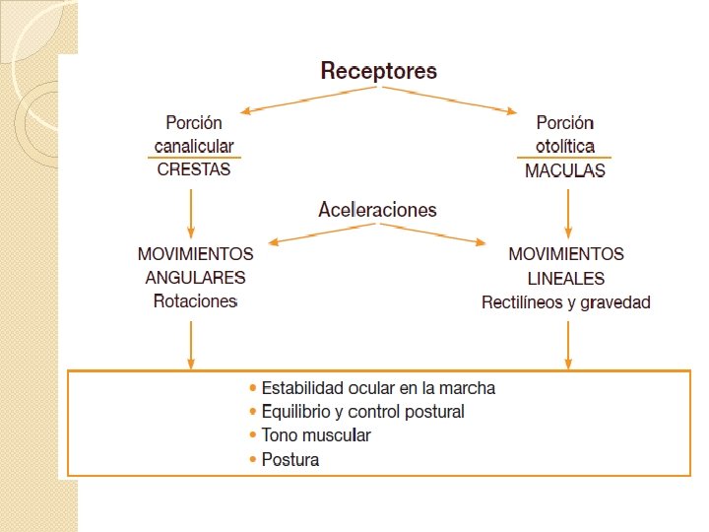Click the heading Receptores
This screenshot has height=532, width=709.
click(379, 71)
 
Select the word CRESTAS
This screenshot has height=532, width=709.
click(194, 168)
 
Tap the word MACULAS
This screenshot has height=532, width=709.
click(565, 169)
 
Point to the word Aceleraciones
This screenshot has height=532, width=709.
click(377, 209)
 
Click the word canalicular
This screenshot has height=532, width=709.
click(194, 146)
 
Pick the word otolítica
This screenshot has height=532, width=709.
click(565, 146)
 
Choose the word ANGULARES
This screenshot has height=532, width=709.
click(195, 278)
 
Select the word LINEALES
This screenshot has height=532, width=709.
click(565, 278)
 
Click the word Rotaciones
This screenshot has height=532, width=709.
click(196, 301)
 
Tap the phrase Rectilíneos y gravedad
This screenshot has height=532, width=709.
click(566, 302)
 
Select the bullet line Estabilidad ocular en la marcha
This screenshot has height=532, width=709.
click(378, 387)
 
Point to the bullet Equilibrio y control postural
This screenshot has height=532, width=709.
click(362, 411)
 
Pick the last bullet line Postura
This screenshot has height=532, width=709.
click(290, 459)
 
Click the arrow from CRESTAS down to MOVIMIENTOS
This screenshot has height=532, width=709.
click(191, 210)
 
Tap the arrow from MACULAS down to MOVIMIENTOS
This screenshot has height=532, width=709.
click(567, 210)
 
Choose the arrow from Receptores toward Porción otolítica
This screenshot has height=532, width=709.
click(452, 100)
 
